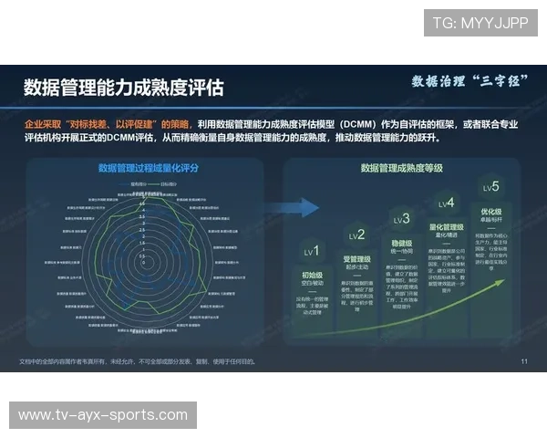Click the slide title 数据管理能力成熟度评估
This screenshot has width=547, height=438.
123,88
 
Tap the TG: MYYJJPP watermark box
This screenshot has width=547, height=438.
480,23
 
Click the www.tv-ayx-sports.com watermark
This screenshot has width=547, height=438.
102,415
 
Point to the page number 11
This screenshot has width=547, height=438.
524,361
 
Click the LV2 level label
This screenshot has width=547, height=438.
356,235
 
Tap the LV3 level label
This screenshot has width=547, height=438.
401,219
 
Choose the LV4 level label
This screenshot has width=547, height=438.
446,203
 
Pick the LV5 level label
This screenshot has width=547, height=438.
490,188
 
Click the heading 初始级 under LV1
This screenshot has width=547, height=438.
313,274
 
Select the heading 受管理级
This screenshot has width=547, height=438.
356,259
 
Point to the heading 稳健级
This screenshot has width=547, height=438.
401,243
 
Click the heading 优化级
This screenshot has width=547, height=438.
490,212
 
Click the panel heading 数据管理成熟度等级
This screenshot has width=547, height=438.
401,168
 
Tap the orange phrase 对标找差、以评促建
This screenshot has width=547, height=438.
115,122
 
